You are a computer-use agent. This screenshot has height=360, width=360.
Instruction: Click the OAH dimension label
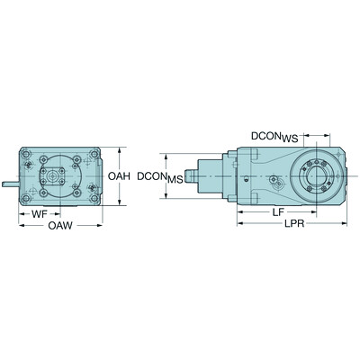[121, 177]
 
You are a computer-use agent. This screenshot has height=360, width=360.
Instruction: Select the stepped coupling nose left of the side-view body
[198, 176]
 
